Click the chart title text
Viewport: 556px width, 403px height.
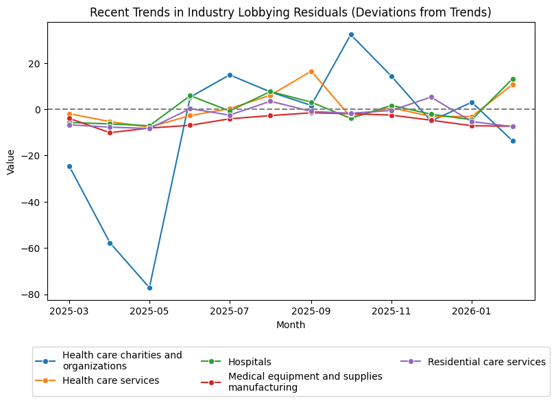[x=291, y=12]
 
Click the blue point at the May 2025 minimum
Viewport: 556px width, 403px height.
[x=149, y=288]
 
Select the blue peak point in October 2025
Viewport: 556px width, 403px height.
[x=351, y=34]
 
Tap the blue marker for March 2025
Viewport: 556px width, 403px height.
[x=69, y=166]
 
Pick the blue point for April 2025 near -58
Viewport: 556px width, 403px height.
[x=110, y=243]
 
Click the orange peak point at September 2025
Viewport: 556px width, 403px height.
[x=311, y=71]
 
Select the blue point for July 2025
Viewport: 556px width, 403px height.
[x=230, y=75]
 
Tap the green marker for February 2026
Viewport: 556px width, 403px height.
[x=513, y=79]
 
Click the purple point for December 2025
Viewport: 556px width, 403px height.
[x=431, y=97]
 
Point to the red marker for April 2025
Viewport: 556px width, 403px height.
[x=110, y=133]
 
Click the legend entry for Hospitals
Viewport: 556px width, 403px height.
[x=250, y=362]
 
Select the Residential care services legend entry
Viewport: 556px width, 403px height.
[x=486, y=362]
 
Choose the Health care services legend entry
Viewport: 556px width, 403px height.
[x=110, y=380]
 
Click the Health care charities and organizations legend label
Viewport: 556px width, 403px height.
[x=122, y=360]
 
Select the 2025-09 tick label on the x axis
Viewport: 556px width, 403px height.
[x=311, y=310]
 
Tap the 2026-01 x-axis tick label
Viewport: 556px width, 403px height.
[x=472, y=310]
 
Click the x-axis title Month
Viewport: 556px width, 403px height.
[x=291, y=325]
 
